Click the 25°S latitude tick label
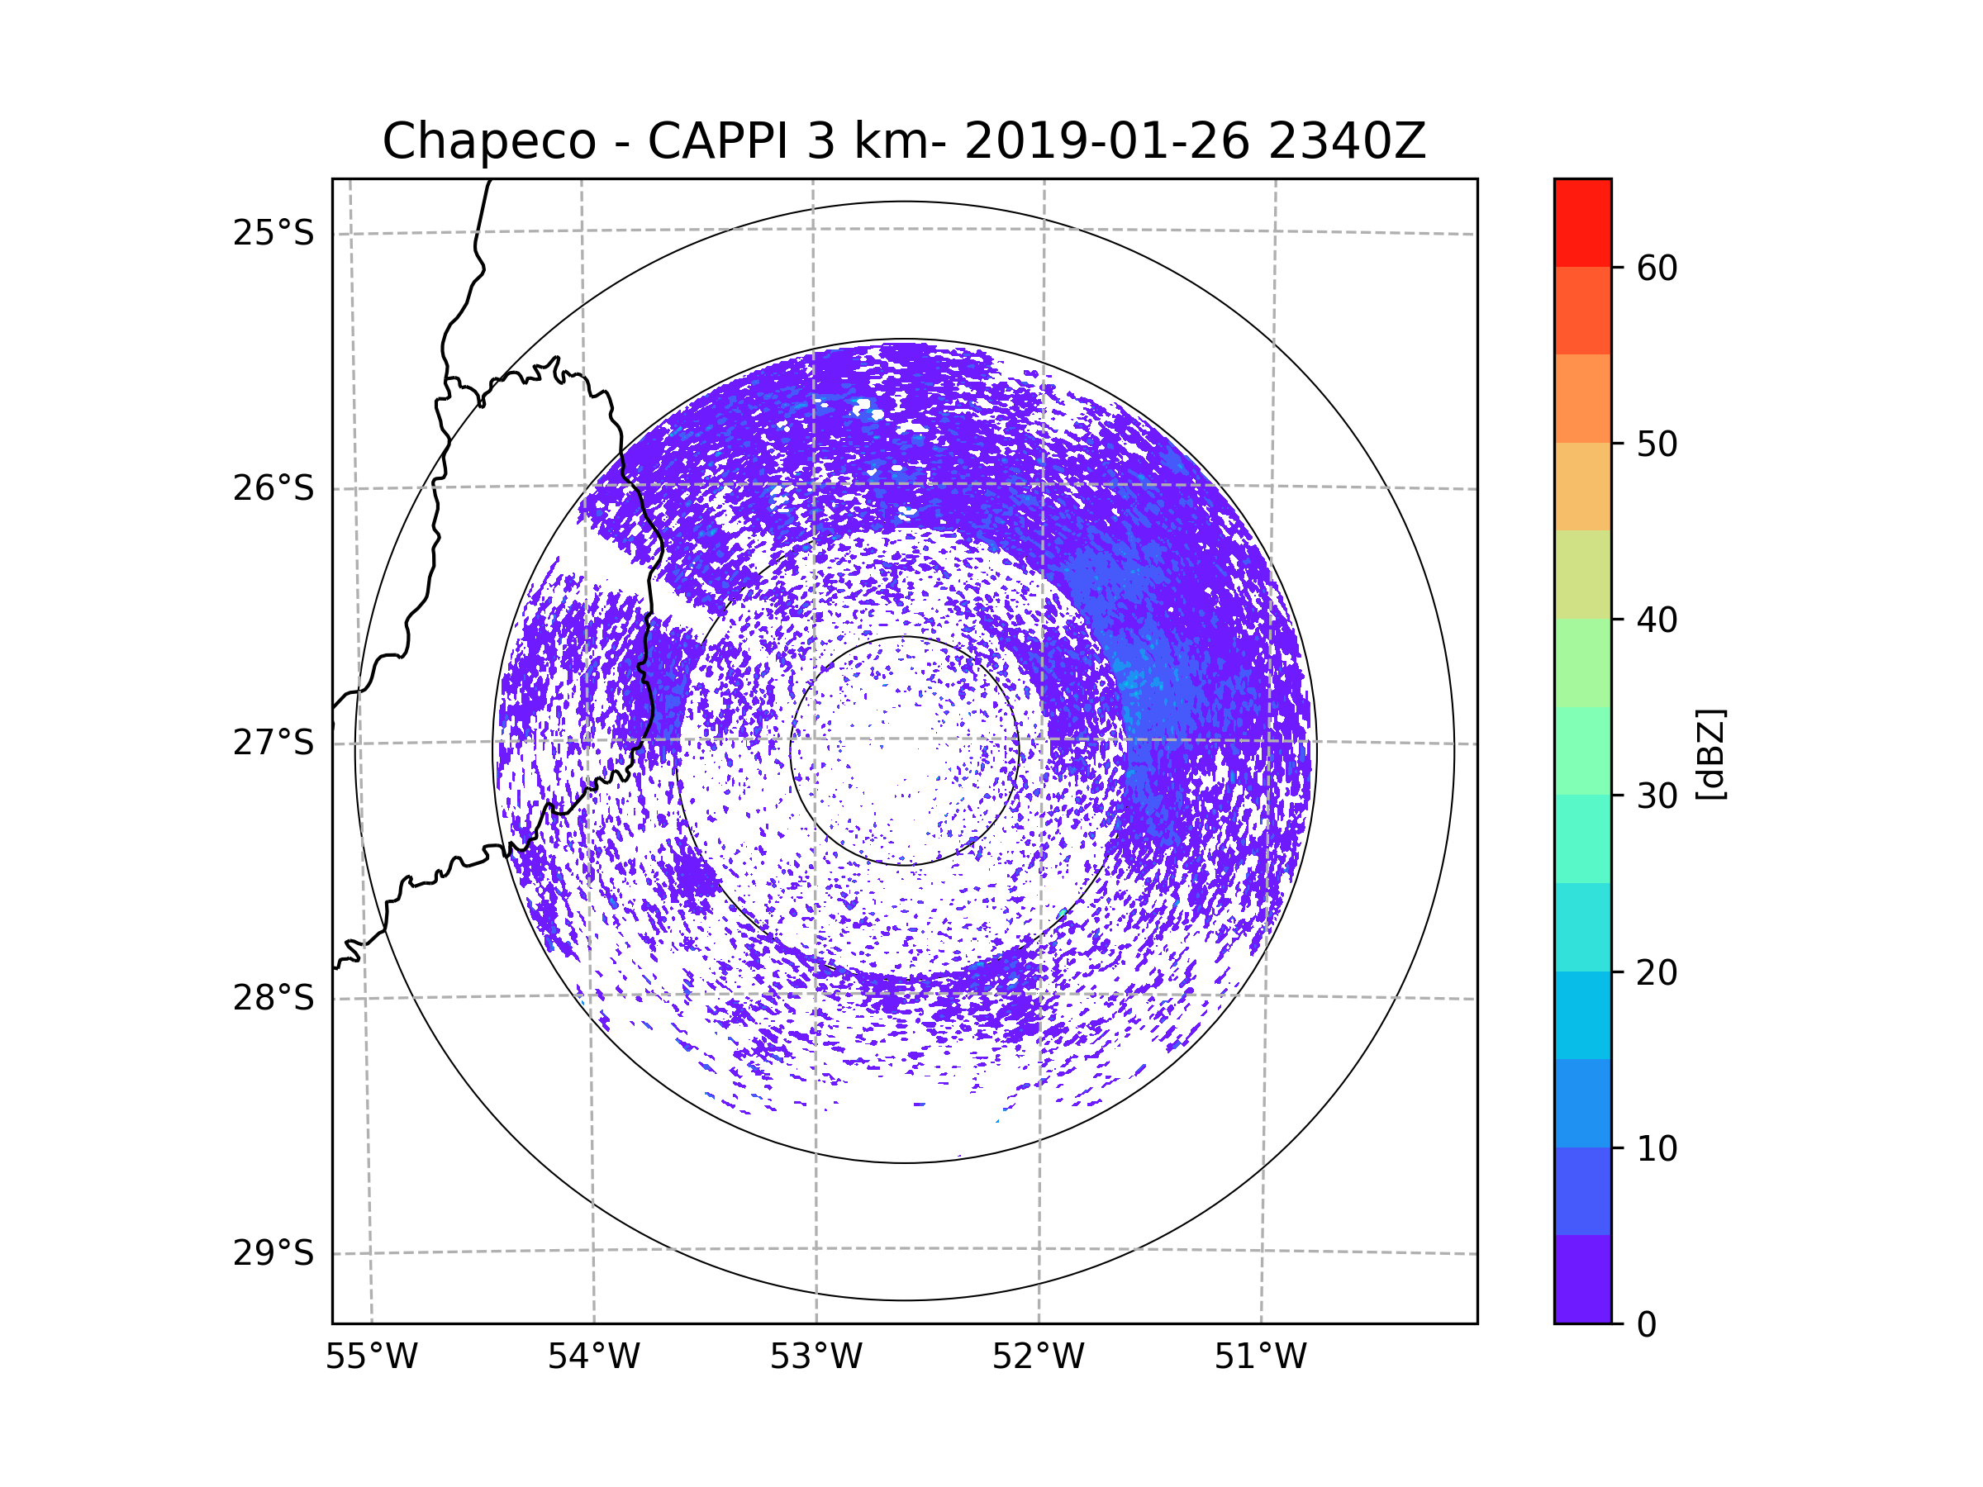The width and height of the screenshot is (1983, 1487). (x=273, y=233)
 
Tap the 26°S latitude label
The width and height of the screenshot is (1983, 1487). (x=273, y=488)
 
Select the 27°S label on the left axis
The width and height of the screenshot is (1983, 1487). (x=273, y=743)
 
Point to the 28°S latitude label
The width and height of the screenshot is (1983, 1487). (x=273, y=998)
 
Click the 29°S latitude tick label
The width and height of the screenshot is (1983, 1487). (x=273, y=1253)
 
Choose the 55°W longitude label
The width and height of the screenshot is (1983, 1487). (x=371, y=1357)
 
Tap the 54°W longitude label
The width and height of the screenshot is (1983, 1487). (x=593, y=1357)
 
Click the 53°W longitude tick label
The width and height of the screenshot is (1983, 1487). (x=816, y=1357)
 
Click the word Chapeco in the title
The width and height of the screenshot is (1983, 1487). (x=488, y=141)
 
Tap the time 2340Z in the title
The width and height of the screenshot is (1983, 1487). (x=1346, y=141)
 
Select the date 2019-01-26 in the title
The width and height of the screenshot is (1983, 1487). (x=1106, y=141)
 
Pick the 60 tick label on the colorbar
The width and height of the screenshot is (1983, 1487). (x=1657, y=268)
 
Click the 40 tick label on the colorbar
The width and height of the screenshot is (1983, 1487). (x=1657, y=620)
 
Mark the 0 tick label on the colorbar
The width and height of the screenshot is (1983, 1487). (x=1647, y=1325)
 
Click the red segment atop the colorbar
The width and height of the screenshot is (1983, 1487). (x=1582, y=222)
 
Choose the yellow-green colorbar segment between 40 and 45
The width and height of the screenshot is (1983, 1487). (x=1582, y=574)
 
